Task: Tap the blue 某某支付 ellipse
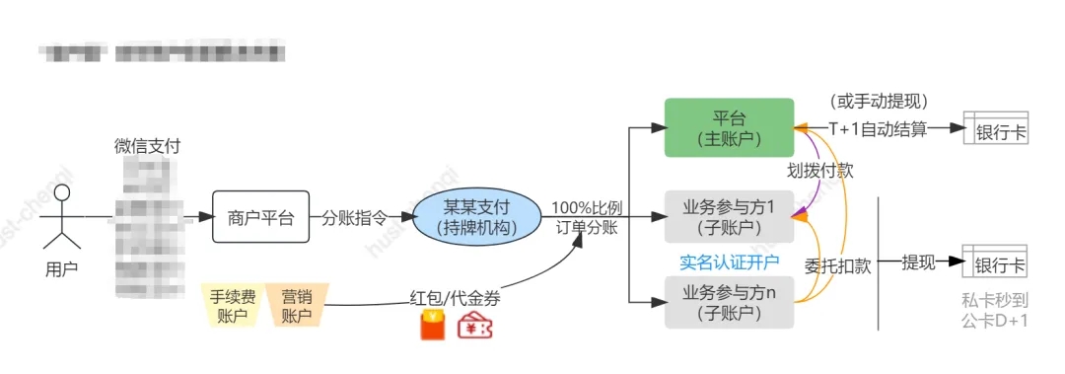476,218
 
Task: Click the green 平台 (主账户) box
729,127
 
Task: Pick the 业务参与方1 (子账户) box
729,217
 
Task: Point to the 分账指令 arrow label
354,219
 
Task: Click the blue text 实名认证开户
729,262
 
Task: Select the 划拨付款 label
819,170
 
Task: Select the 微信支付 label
147,146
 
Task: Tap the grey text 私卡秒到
995,301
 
